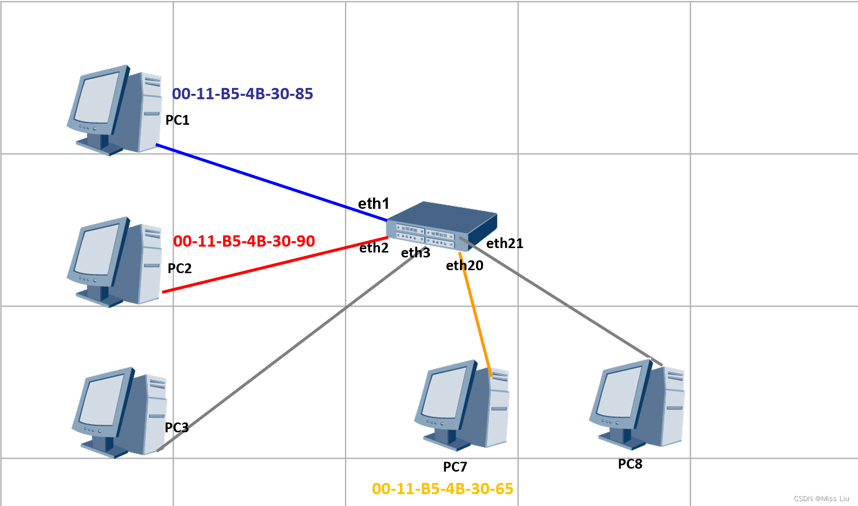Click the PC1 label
177,120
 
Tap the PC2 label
179,268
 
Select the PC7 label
455,467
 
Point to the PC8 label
630,464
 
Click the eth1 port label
373,203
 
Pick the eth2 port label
373,248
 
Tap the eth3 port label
415,253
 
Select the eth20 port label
464,266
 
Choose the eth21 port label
505,243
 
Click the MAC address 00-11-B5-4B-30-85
242,93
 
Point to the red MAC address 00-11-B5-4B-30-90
244,241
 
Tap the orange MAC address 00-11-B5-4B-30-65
442,488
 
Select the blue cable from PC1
270,183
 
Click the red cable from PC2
275,265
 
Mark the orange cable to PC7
475,314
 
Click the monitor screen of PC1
97,98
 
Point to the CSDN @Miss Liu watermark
822,498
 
